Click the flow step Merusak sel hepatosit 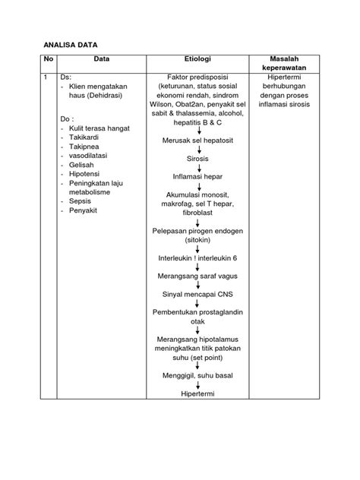tap(197, 141)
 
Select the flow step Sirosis tap(197, 159)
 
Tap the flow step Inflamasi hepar tap(197, 176)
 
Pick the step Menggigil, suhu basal tap(197, 376)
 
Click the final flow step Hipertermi tap(197, 394)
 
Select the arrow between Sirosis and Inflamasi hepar tap(197, 168)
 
